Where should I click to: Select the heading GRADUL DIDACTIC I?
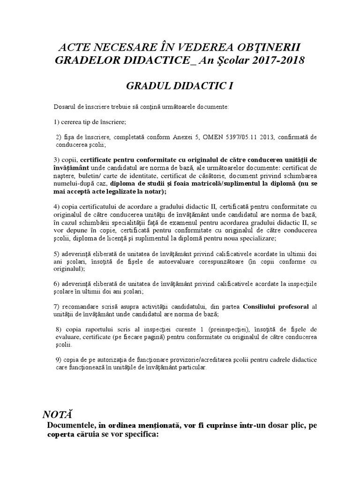(x=180, y=86)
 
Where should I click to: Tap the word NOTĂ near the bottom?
(x=59, y=414)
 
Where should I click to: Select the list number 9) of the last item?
(x=59, y=360)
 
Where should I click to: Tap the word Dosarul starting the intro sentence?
(x=65, y=107)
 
